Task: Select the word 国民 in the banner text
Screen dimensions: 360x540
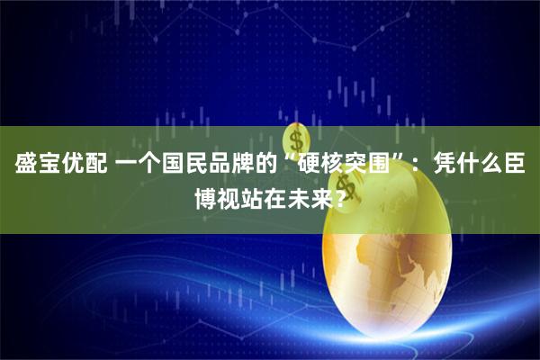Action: point(193,165)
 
